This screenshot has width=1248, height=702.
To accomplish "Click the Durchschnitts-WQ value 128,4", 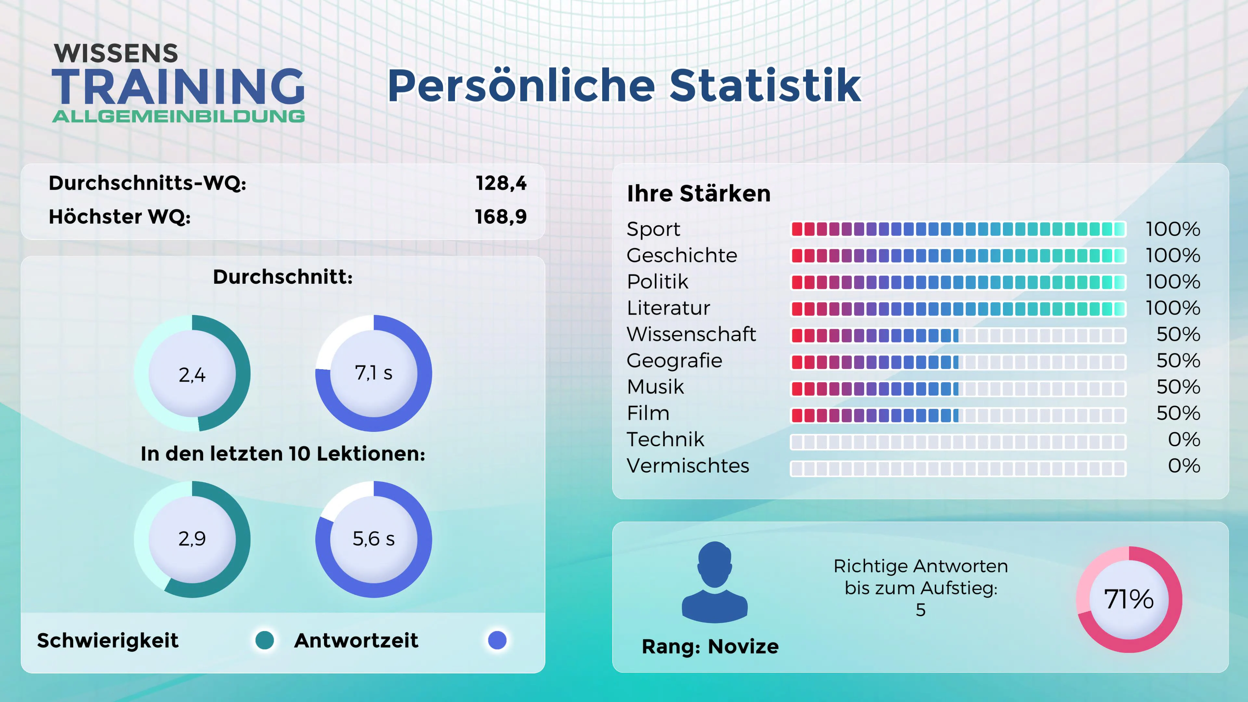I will [x=501, y=183].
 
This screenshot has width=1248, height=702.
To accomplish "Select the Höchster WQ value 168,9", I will [x=500, y=216].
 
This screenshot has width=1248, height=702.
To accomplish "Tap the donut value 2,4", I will [x=192, y=374].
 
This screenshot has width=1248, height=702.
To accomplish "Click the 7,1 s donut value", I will [x=373, y=372].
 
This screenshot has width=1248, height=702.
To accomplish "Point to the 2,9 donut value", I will [x=192, y=538].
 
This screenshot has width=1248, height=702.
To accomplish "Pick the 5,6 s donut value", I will [x=373, y=538].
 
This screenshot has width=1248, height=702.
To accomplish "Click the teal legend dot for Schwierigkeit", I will [x=265, y=640].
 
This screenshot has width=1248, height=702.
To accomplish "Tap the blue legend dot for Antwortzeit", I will [x=497, y=640].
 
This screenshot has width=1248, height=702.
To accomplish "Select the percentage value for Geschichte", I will [x=1172, y=255].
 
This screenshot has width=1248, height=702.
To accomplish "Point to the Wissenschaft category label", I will [x=691, y=334].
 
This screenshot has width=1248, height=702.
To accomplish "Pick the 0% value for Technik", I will [x=1184, y=439].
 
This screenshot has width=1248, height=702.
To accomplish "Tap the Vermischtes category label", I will [x=687, y=466].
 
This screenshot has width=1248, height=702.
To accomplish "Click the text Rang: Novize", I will [x=710, y=646].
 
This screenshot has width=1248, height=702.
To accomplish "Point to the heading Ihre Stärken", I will [x=698, y=193].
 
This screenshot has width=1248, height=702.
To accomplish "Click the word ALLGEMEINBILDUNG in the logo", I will [x=178, y=116].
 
